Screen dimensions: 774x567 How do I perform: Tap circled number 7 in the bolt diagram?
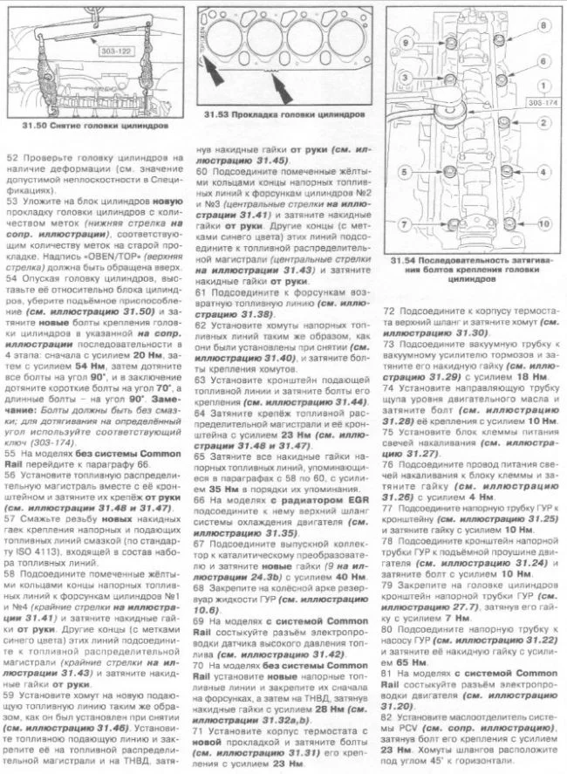click(404, 225)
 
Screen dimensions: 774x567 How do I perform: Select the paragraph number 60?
click(201, 171)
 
